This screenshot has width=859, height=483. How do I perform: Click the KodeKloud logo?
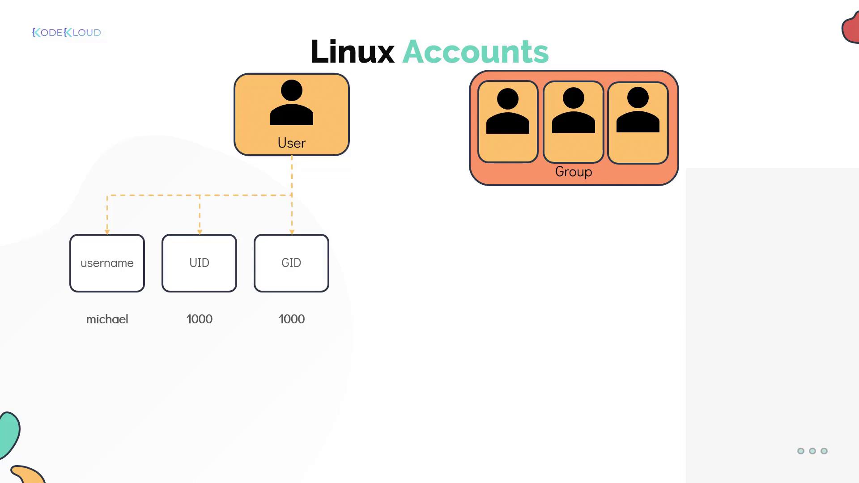click(67, 33)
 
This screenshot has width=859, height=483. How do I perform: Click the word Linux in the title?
click(352, 52)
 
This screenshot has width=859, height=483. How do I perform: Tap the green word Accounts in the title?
click(475, 52)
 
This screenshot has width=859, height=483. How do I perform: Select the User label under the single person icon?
click(291, 143)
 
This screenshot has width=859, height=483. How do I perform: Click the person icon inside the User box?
click(292, 102)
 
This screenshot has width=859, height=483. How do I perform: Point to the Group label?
click(574, 172)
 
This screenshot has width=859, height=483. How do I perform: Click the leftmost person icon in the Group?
click(508, 111)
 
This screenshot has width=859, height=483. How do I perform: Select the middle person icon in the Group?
click(574, 110)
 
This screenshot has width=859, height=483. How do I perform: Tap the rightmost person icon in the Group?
click(638, 110)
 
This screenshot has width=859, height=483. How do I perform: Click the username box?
click(107, 263)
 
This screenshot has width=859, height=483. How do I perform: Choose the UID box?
click(199, 263)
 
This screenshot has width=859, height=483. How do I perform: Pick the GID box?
click(291, 263)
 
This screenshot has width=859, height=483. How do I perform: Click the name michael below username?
click(107, 319)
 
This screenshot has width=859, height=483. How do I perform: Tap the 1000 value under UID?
click(199, 319)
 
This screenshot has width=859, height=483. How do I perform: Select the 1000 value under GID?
click(292, 319)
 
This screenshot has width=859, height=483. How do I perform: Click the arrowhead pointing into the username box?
click(107, 232)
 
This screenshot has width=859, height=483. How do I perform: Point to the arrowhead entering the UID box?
click(200, 232)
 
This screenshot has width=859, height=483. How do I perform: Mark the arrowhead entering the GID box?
click(292, 232)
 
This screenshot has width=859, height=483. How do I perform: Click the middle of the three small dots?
click(812, 451)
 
